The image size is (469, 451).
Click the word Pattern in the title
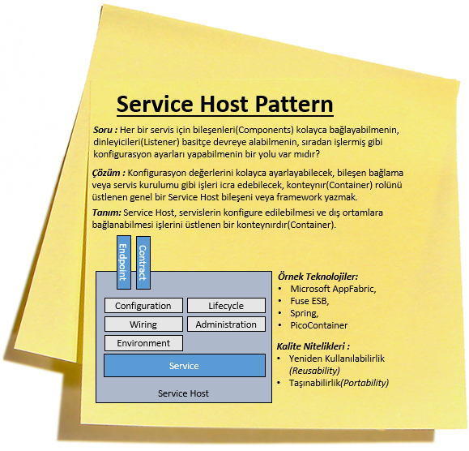tap(294, 104)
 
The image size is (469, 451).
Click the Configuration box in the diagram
tap(143, 306)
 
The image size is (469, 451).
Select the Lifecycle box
tap(226, 306)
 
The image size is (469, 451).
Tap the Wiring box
tap(143, 324)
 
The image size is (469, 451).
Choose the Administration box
tap(226, 324)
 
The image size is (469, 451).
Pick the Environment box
tap(143, 343)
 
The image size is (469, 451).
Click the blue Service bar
tap(185, 366)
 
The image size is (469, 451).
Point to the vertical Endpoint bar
tap(124, 262)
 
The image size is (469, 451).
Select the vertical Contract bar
tap(143, 263)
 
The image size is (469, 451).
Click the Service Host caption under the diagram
tap(183, 393)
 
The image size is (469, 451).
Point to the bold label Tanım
tap(106, 213)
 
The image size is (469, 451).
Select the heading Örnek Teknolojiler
tap(318, 277)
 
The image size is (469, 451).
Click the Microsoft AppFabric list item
tap(333, 289)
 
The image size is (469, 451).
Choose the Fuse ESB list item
tap(309, 301)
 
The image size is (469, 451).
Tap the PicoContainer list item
tap(319, 325)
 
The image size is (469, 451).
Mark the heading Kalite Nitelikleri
tap(313, 346)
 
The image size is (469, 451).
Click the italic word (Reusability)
tap(314, 371)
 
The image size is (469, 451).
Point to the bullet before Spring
tap(280, 313)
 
